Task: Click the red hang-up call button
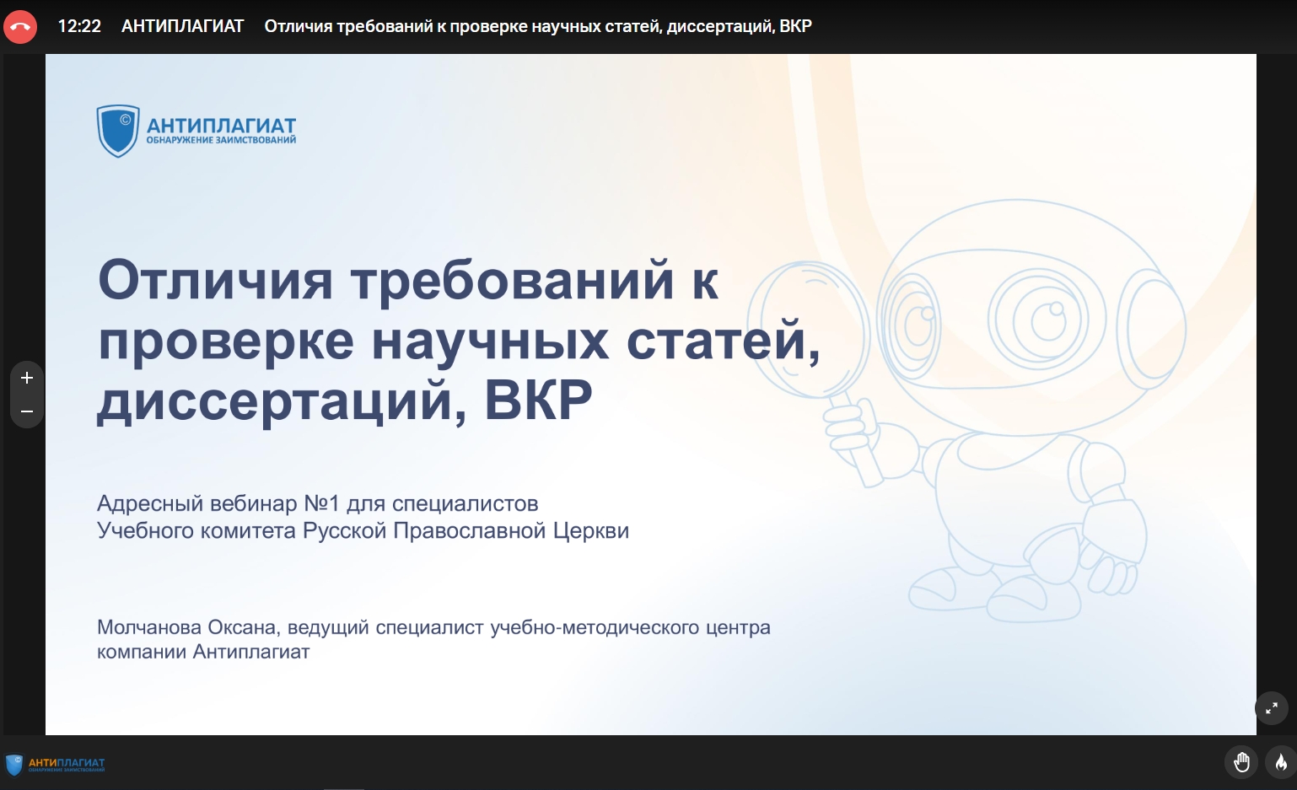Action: pyautogui.click(x=20, y=27)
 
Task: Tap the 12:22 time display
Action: pyautogui.click(x=79, y=27)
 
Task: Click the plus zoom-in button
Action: pyautogui.click(x=27, y=378)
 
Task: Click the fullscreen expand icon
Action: pyautogui.click(x=1272, y=708)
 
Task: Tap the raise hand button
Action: pyautogui.click(x=1241, y=762)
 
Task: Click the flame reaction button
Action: pyautogui.click(x=1281, y=762)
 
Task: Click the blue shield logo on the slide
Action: pyautogui.click(x=118, y=131)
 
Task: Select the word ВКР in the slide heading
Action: pyautogui.click(x=538, y=400)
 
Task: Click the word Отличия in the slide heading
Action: pyautogui.click(x=215, y=280)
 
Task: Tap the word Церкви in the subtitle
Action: pyautogui.click(x=590, y=530)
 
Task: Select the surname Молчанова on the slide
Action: pyautogui.click(x=149, y=627)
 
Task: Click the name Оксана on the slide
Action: pyautogui.click(x=243, y=627)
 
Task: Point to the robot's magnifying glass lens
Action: pyautogui.click(x=808, y=330)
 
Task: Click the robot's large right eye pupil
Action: pyautogui.click(x=1047, y=320)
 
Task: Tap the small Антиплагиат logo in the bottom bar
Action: pyautogui.click(x=55, y=765)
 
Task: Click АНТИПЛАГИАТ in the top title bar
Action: pyautogui.click(x=183, y=27)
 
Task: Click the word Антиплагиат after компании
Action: pyautogui.click(x=251, y=652)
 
